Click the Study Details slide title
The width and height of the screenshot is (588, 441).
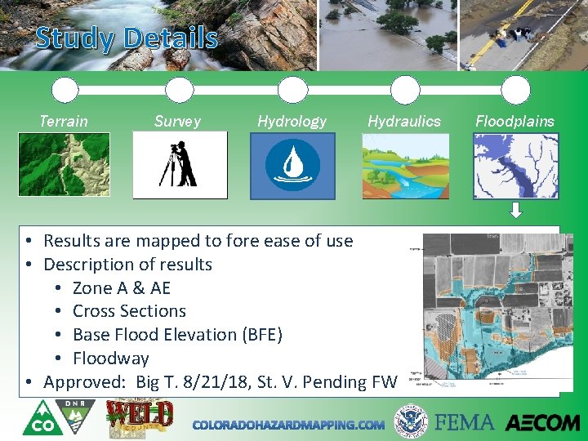tap(127, 38)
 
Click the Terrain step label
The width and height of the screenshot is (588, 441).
tap(64, 121)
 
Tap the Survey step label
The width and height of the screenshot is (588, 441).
tap(177, 121)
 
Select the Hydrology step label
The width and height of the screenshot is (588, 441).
tap(292, 121)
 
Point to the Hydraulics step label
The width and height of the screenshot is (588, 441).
tap(404, 121)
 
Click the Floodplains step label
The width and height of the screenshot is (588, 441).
tap(514, 121)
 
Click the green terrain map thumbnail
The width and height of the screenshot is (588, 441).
tap(64, 165)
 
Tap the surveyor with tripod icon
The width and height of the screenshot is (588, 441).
tap(180, 165)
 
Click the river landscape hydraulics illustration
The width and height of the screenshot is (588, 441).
tap(406, 166)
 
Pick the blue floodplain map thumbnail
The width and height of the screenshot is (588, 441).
tap(516, 166)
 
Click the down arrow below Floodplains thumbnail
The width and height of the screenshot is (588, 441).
tap(516, 212)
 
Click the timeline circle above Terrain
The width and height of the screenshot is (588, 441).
tap(65, 90)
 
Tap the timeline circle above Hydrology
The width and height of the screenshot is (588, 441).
tap(292, 90)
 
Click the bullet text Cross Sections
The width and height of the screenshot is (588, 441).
tap(129, 311)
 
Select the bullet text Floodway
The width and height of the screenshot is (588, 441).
tap(110, 358)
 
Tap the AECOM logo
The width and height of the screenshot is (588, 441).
tap(542, 422)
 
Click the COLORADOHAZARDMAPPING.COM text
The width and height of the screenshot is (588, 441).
tap(288, 425)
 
